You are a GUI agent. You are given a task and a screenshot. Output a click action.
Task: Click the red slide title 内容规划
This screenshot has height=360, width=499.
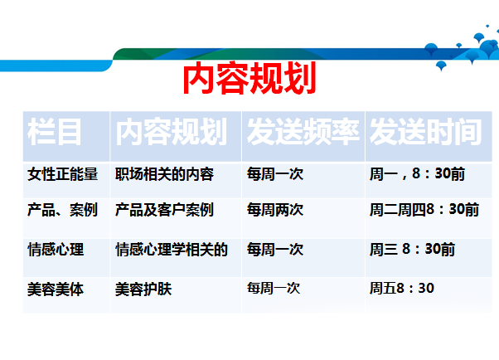point(249,78)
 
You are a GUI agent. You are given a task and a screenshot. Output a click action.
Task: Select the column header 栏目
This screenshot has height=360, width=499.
point(54,132)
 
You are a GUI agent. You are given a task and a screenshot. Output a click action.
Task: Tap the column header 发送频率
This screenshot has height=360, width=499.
point(303,132)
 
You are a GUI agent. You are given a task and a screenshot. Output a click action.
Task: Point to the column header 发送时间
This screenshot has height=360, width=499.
point(425,132)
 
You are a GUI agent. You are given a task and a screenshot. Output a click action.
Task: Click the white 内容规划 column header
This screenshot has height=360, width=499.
point(172,132)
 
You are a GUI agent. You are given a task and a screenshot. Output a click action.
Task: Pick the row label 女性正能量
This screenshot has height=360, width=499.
point(62,174)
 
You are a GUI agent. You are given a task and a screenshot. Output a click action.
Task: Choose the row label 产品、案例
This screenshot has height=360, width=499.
point(62,210)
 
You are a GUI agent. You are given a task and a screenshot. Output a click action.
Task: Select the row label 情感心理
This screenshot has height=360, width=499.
point(56,250)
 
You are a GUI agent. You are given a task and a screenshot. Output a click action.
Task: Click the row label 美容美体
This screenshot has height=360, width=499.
point(56,289)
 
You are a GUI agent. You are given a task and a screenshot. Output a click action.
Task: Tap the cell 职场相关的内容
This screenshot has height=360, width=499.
point(164,174)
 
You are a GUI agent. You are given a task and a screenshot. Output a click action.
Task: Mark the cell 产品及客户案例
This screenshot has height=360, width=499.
point(164,210)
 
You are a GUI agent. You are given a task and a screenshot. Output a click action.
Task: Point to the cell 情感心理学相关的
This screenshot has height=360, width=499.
point(172,250)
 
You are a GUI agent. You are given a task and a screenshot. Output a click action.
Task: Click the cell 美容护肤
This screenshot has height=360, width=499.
point(143,289)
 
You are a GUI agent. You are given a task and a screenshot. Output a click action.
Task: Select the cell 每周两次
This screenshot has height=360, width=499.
point(275,210)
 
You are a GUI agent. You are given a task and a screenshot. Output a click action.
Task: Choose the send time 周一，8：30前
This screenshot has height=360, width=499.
point(417,174)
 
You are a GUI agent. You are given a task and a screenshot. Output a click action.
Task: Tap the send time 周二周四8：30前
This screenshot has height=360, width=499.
point(424,210)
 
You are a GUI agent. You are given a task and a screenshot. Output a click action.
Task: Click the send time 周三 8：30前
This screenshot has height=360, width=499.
point(412,250)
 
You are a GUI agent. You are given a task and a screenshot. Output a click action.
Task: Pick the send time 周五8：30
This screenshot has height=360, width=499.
point(402,289)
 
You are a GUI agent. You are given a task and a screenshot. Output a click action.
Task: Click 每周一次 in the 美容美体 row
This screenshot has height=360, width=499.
point(274,289)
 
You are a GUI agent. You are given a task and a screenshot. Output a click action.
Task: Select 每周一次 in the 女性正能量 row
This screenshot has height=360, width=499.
point(275,174)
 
